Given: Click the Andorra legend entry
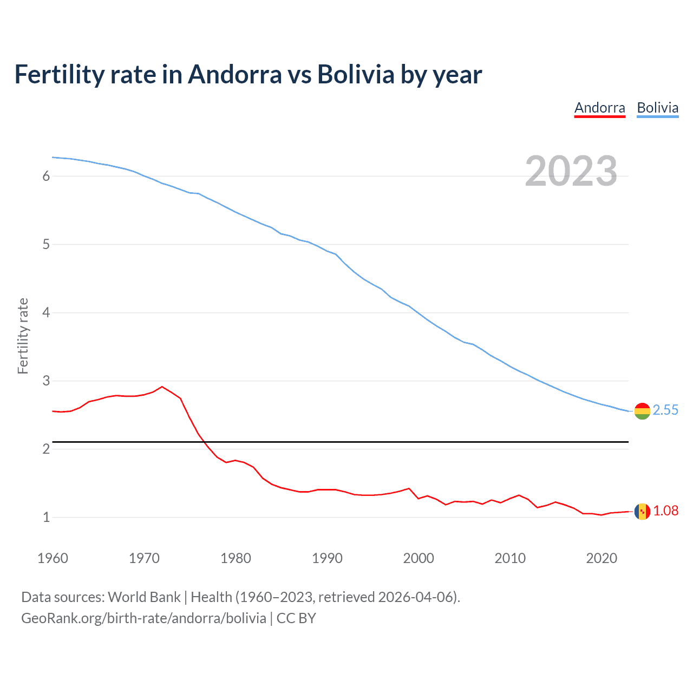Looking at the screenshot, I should [x=599, y=108].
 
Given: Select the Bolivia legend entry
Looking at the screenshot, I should [x=657, y=108].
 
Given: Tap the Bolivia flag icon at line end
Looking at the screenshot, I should [x=642, y=411].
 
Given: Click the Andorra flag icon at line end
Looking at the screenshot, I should [x=642, y=511].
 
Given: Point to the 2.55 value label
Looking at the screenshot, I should [x=665, y=410].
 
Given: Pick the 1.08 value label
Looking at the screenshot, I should [x=665, y=511].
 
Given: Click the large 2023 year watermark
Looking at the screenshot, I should [x=571, y=171].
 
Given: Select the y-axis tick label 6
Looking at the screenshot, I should [x=46, y=176].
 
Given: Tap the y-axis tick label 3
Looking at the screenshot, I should [x=46, y=381].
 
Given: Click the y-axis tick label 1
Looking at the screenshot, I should [x=46, y=517].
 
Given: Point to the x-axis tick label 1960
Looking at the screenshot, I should [x=53, y=558].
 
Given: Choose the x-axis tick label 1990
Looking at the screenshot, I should [x=327, y=558].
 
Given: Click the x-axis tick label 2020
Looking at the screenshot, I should [x=602, y=558].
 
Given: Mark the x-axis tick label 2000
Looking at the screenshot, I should [x=419, y=558].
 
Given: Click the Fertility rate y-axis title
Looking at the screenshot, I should [x=23, y=336].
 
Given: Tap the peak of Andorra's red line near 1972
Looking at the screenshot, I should [x=162, y=387].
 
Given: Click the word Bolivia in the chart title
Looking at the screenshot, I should [x=356, y=75].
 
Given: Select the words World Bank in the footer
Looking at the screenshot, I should [x=144, y=597].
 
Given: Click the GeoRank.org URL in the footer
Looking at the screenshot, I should [x=143, y=618].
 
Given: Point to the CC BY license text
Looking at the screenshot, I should [x=296, y=618].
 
